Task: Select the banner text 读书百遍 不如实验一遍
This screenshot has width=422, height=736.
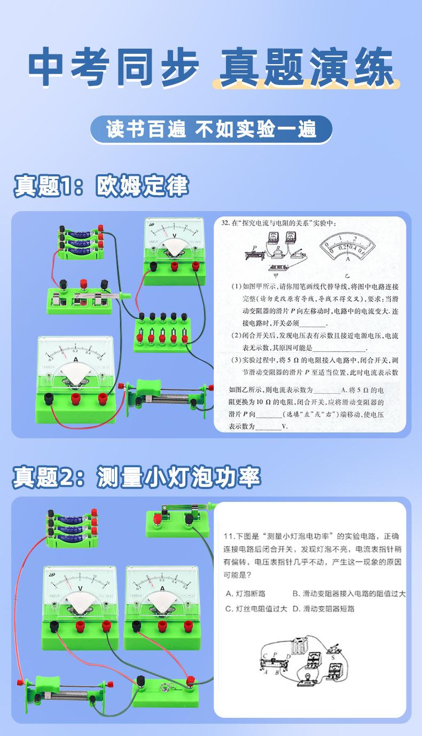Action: (211, 130)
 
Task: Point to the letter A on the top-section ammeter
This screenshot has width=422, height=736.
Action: (75, 360)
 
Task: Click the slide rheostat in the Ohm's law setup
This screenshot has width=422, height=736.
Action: (166, 396)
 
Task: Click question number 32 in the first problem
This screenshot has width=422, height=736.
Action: (225, 223)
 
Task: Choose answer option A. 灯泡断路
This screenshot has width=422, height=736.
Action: (246, 593)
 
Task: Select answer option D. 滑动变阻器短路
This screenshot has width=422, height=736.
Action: (324, 609)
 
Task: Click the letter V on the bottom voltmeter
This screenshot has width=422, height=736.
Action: (80, 588)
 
